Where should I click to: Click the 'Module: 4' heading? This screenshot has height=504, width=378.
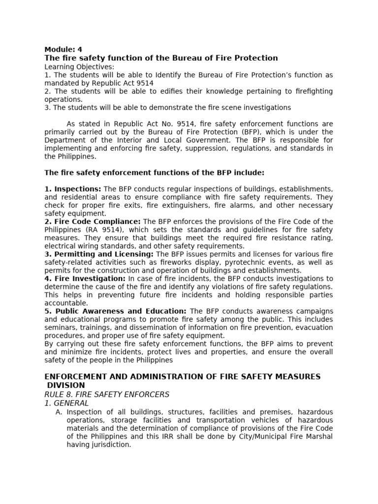click(x=63, y=49)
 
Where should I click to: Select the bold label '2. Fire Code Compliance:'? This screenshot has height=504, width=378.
click(x=93, y=221)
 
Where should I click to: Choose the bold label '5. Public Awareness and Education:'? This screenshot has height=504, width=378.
click(x=115, y=311)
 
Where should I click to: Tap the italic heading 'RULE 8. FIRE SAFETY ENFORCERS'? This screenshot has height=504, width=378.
click(x=107, y=394)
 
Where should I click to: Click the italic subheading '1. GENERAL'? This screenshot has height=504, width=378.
click(x=66, y=403)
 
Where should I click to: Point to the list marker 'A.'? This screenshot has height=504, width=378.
click(x=59, y=412)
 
